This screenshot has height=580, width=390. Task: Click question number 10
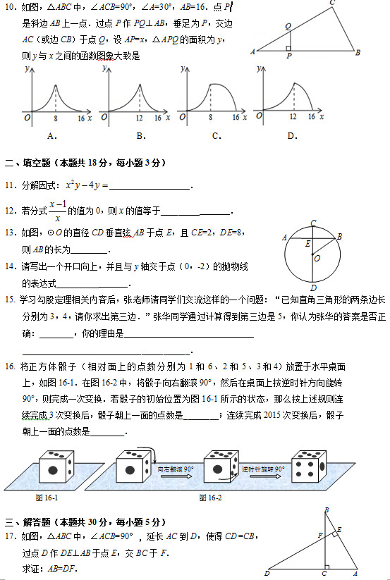click(11, 7)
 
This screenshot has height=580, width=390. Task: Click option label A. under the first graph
click(51, 136)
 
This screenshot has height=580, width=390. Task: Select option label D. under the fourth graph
click(291, 136)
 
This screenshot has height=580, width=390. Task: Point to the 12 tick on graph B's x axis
click(138, 118)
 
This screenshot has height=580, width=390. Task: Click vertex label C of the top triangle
click(332, 4)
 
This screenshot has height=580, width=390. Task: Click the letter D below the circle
click(312, 288)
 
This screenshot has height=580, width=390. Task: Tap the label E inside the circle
click(307, 243)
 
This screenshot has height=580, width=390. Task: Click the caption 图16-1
click(47, 498)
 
